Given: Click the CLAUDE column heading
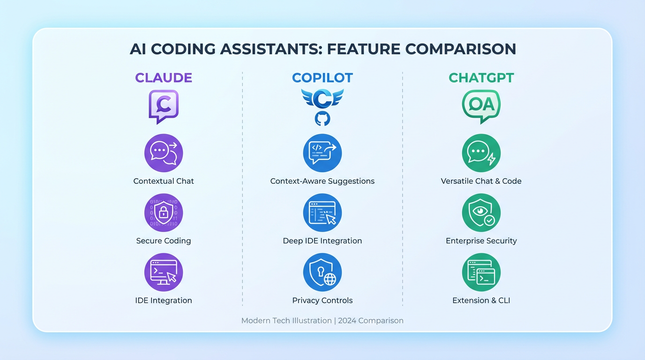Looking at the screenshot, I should pyautogui.click(x=164, y=77).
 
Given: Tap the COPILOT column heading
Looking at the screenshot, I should pyautogui.click(x=322, y=77).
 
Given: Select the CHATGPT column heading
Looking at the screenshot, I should pyautogui.click(x=481, y=77).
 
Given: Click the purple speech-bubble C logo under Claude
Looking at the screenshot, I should pyautogui.click(x=164, y=106).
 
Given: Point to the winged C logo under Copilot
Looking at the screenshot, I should pyautogui.click(x=322, y=98).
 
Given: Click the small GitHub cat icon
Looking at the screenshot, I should pyautogui.click(x=322, y=119).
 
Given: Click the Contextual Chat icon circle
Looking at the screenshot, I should pyautogui.click(x=164, y=153).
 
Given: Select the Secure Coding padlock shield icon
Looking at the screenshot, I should pyautogui.click(x=164, y=213).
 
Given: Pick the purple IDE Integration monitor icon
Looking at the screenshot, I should pyautogui.click(x=164, y=272).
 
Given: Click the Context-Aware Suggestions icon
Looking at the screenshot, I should pyautogui.click(x=322, y=153).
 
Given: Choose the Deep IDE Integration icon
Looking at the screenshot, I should pyautogui.click(x=322, y=213).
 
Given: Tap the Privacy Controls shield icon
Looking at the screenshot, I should pyautogui.click(x=322, y=272).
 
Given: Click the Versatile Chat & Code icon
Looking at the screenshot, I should pyautogui.click(x=481, y=153).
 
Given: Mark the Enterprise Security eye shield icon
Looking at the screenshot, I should pyautogui.click(x=481, y=213).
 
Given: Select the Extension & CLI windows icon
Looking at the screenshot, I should pyautogui.click(x=481, y=272).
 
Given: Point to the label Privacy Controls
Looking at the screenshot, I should pyautogui.click(x=322, y=300).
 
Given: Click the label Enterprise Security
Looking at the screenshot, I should pyautogui.click(x=481, y=241).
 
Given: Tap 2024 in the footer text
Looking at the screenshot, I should pyautogui.click(x=347, y=321).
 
